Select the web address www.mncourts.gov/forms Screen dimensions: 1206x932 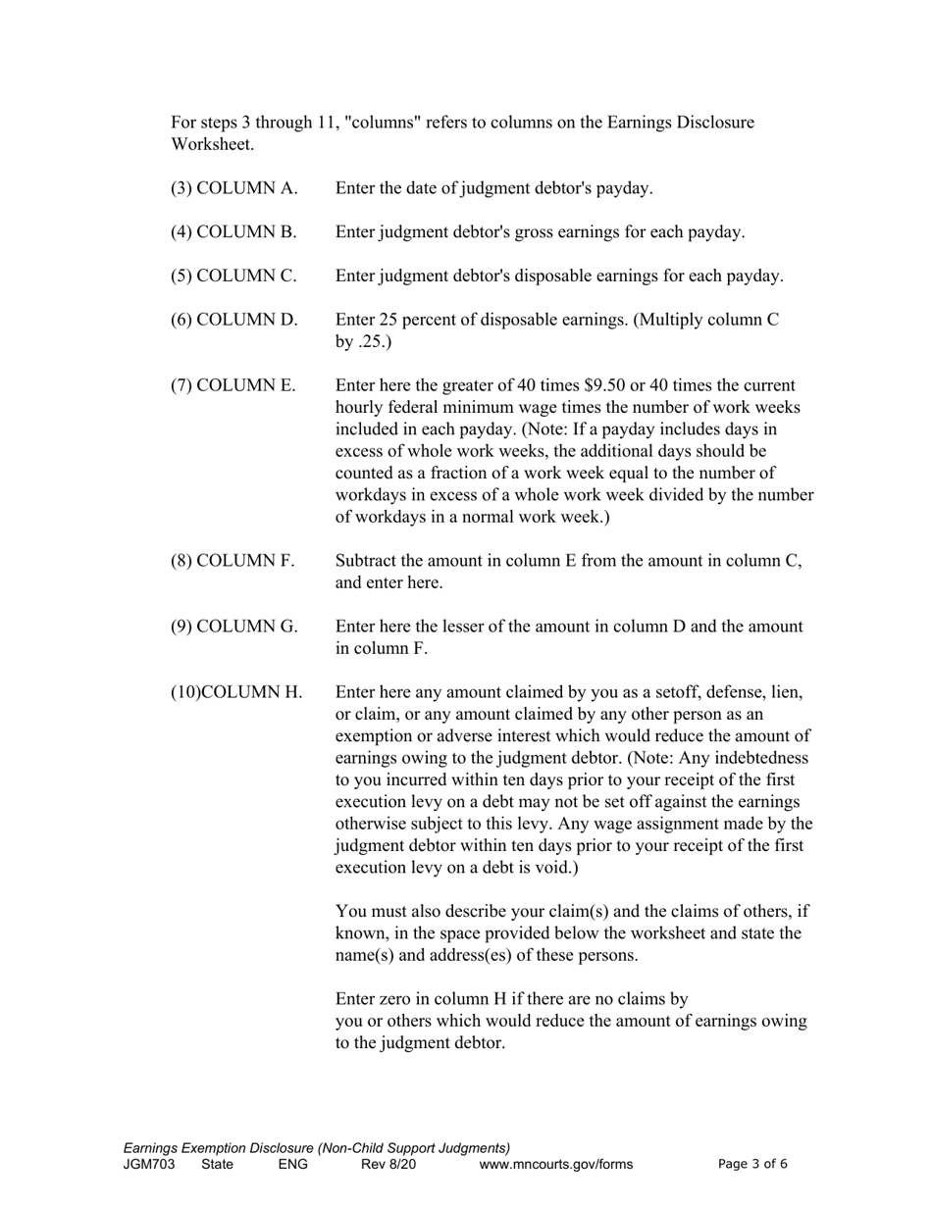click(555, 1165)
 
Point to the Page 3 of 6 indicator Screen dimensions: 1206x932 click(752, 1165)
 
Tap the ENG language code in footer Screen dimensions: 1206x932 click(292, 1165)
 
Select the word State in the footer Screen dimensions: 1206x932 click(217, 1165)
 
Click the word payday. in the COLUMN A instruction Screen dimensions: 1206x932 click(625, 188)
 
